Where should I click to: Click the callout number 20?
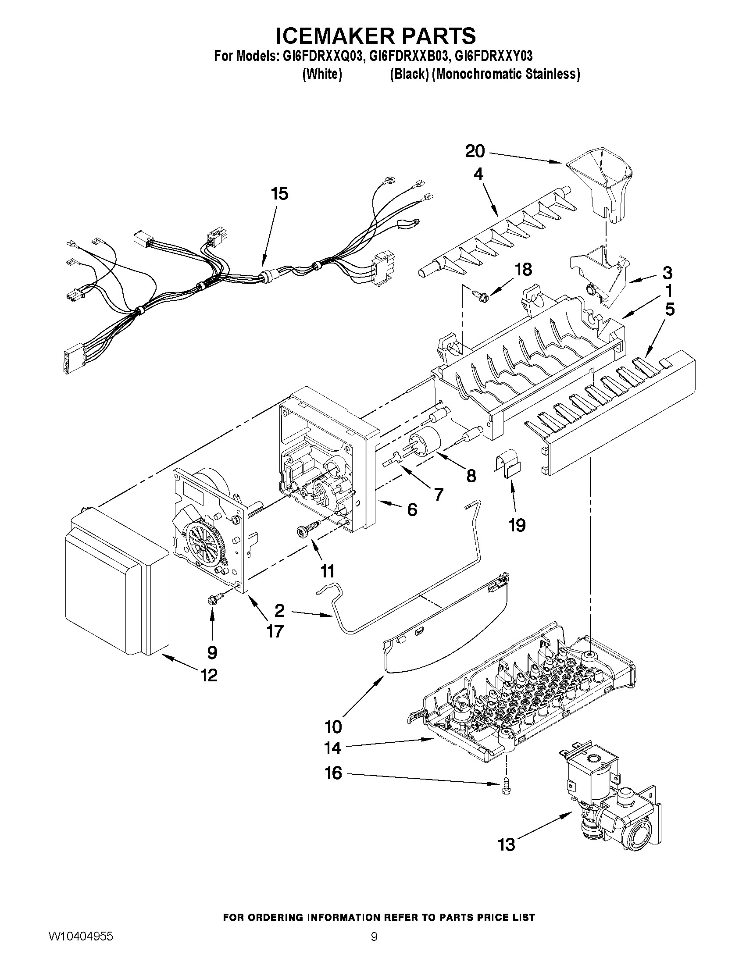click(475, 152)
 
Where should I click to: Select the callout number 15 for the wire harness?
click(280, 193)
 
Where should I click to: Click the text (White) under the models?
click(322, 75)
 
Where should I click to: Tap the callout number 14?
click(332, 748)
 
